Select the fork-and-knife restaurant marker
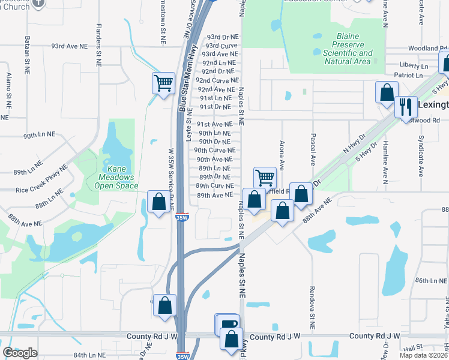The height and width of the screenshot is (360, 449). click(406, 106)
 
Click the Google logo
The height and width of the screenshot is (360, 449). click(20, 352)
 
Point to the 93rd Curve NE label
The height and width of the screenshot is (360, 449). click(221, 46)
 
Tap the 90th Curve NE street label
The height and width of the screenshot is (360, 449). click(214, 151)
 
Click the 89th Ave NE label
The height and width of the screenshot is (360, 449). click(214, 196)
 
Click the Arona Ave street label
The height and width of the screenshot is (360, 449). click(282, 154)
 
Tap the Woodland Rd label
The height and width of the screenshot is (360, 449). click(423, 48)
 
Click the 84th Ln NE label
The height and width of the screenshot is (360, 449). click(90, 355)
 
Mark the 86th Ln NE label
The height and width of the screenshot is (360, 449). click(430, 280)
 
